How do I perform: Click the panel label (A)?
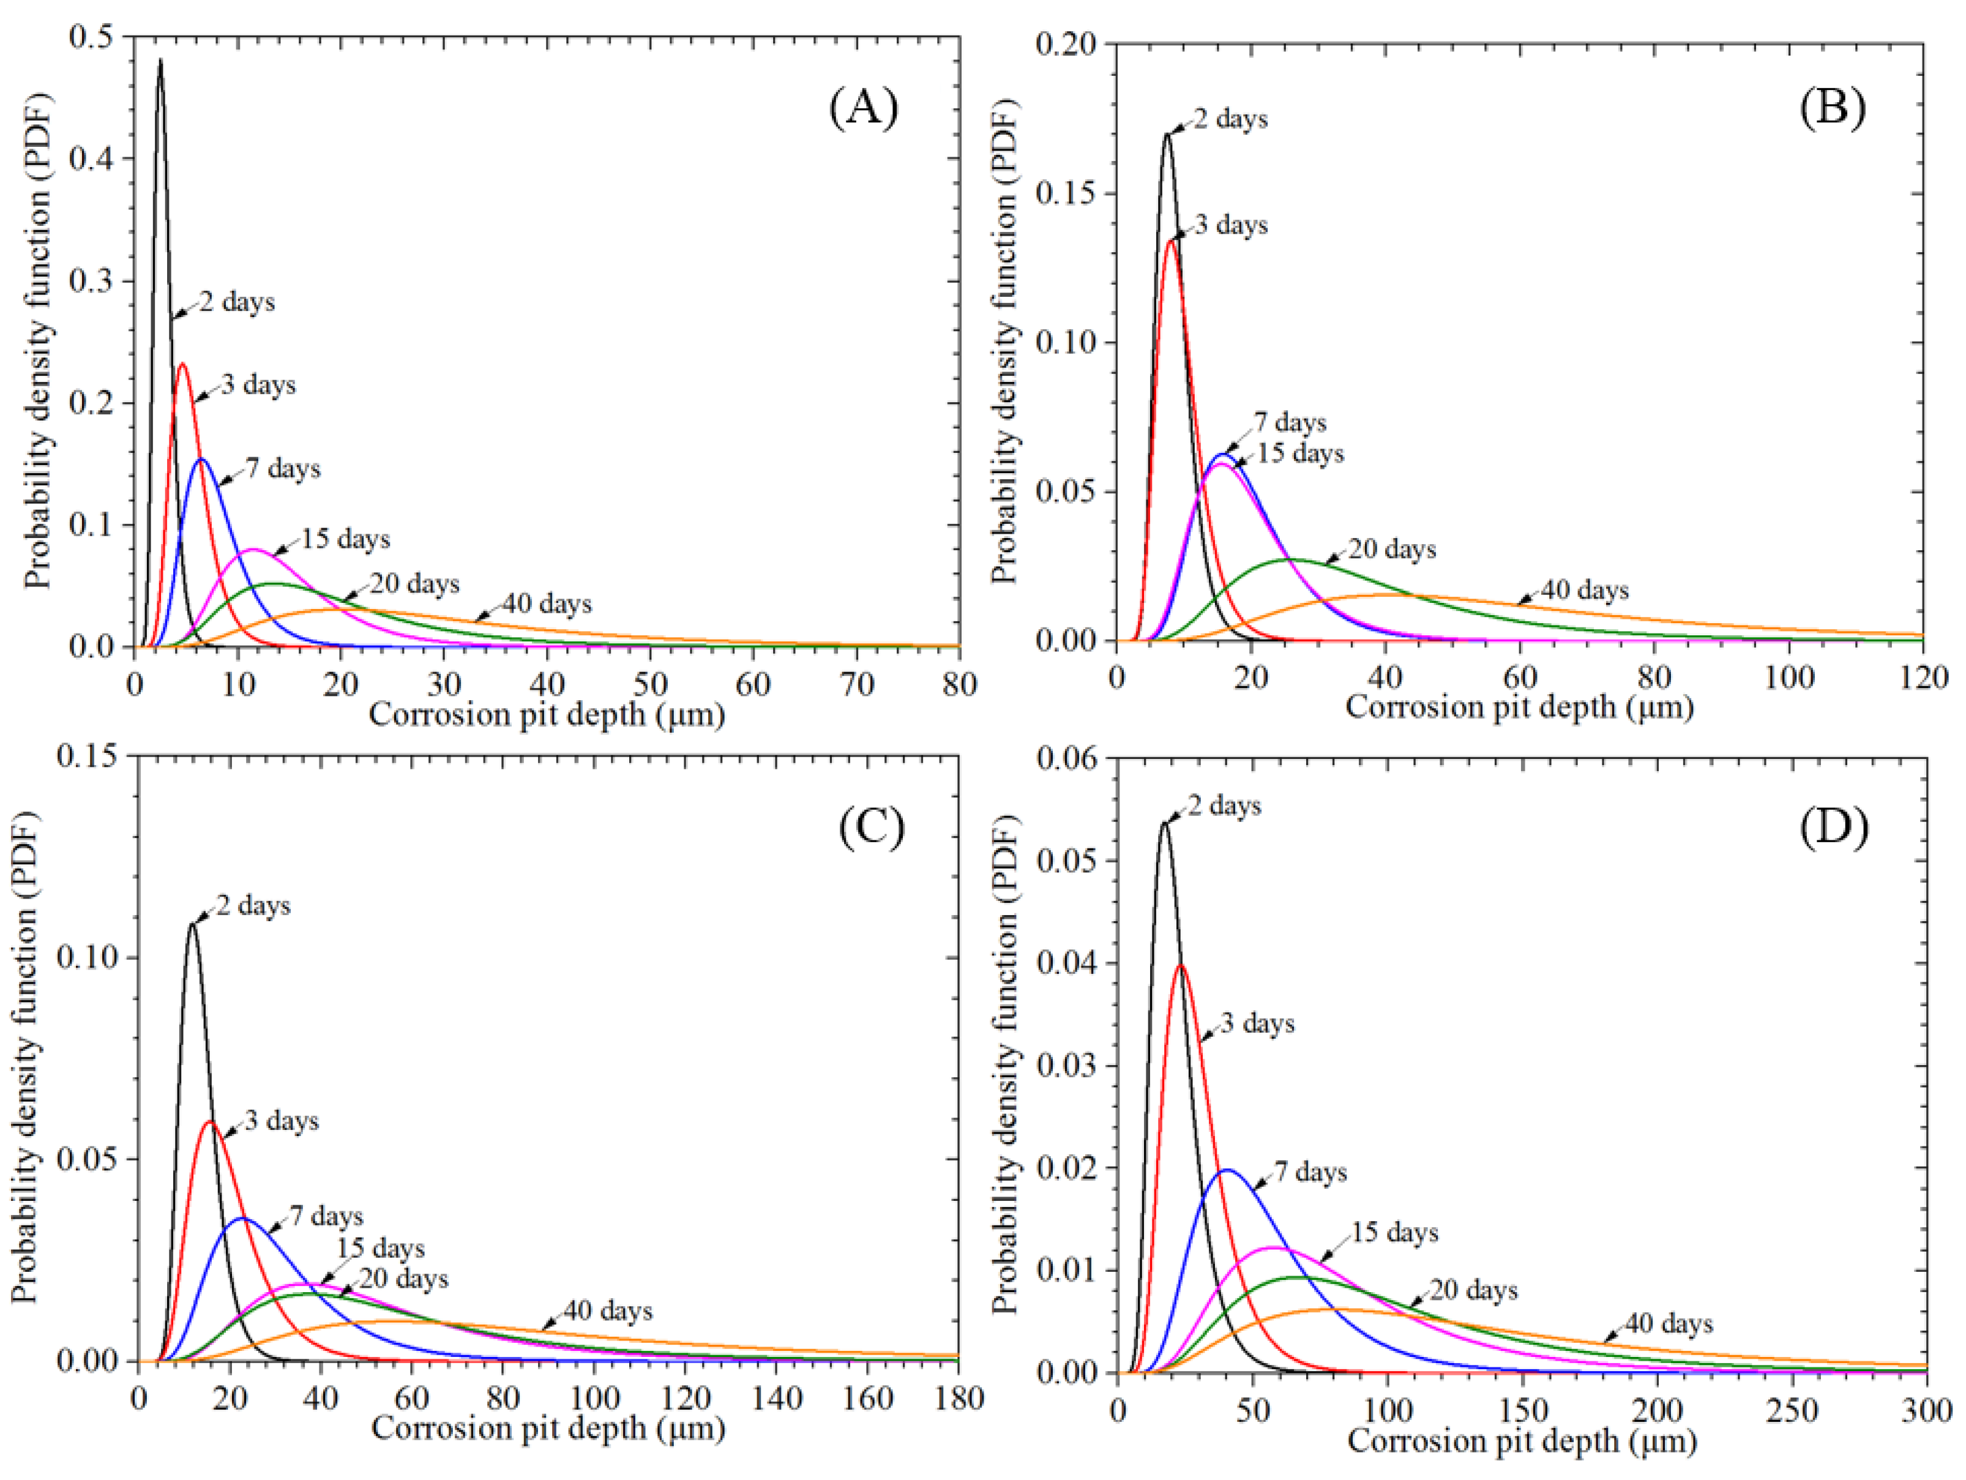[x=863, y=108]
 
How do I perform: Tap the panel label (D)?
[x=1834, y=827]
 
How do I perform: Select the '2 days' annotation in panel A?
[x=236, y=302]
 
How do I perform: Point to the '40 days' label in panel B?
[x=1585, y=590]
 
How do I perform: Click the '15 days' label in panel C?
[x=380, y=1248]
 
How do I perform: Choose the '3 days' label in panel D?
[x=1257, y=1023]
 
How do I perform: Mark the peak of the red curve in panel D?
[x=1181, y=965]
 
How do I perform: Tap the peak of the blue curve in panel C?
[x=242, y=1219]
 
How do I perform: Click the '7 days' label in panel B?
[x=1290, y=422]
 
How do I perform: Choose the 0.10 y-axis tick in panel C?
[x=86, y=957]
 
